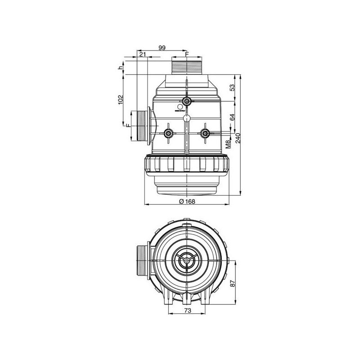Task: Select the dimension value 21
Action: (143, 54)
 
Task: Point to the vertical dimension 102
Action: (120, 99)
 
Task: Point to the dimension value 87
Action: (233, 283)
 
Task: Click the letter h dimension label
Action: (120, 68)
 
